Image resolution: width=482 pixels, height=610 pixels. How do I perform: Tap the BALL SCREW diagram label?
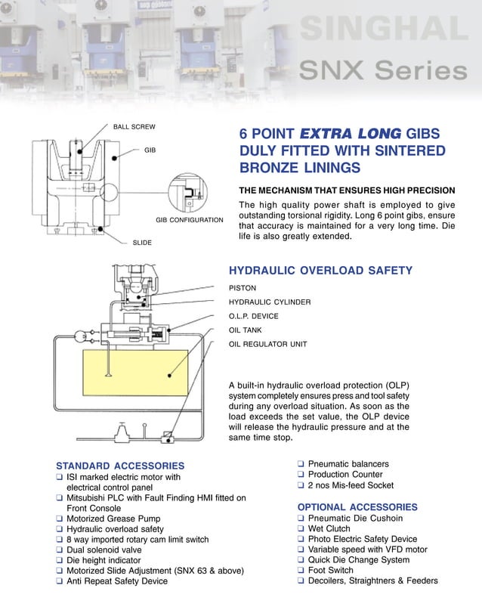pyautogui.click(x=134, y=126)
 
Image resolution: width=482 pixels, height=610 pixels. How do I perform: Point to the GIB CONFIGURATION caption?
pyautogui.click(x=189, y=220)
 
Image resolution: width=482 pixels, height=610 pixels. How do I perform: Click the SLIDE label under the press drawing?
pyautogui.click(x=142, y=243)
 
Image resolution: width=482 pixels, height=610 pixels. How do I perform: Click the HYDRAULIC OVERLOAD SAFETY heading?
pyautogui.click(x=320, y=271)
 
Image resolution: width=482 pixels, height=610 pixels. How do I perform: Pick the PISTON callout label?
pyautogui.click(x=243, y=288)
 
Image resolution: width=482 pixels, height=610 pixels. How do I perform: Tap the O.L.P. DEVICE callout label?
pyautogui.click(x=253, y=316)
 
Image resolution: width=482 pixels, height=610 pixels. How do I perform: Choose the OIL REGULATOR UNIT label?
pyautogui.click(x=267, y=344)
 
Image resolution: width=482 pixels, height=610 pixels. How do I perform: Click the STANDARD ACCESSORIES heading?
pyautogui.click(x=120, y=466)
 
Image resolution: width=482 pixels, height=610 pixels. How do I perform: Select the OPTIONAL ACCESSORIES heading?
pyautogui.click(x=357, y=506)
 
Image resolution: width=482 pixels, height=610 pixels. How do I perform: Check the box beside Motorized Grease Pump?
pyautogui.click(x=60, y=519)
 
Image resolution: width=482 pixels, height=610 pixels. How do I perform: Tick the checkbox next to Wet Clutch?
pyautogui.click(x=301, y=529)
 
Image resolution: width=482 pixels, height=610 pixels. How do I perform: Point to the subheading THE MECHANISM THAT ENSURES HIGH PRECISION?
pyautogui.click(x=347, y=190)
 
